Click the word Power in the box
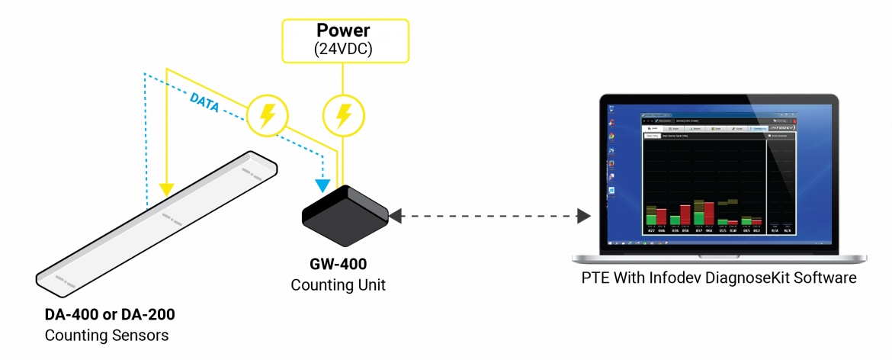(x=345, y=31)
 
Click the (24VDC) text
(x=345, y=49)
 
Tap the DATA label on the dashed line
(x=204, y=104)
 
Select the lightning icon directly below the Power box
(x=344, y=116)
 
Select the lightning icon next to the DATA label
(x=267, y=116)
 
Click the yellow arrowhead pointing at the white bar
(x=165, y=190)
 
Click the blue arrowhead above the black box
(x=323, y=185)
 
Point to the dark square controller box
(x=345, y=220)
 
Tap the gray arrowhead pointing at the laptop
(x=584, y=216)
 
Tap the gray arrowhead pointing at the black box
(x=395, y=216)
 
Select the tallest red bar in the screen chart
(x=709, y=214)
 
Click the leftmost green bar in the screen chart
(x=650, y=220)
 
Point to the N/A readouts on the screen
(x=781, y=230)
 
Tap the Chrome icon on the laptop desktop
(x=611, y=137)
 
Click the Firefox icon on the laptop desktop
(x=611, y=162)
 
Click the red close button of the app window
(x=794, y=121)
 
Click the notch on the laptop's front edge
(x=720, y=256)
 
